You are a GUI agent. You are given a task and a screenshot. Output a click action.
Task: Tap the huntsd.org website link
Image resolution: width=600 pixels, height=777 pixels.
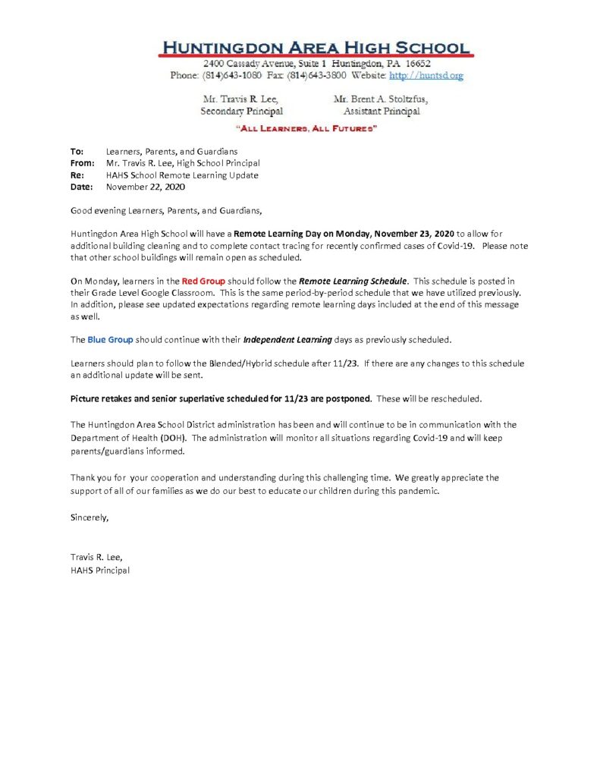(x=426, y=75)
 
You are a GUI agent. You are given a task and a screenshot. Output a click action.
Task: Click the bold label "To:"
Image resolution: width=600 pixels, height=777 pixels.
(x=77, y=152)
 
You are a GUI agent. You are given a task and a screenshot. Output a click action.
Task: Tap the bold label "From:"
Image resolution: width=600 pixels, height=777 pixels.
(x=82, y=163)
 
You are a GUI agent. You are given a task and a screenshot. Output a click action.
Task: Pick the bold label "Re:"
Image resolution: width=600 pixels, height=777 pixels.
(x=77, y=175)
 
